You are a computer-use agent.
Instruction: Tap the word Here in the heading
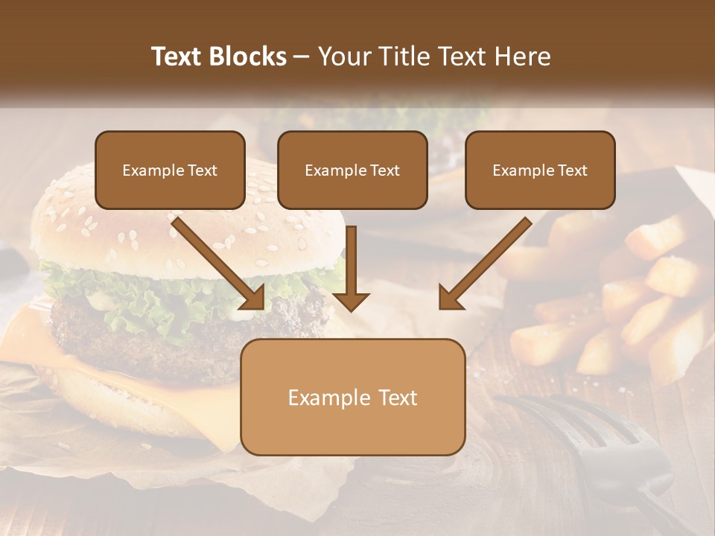[x=522, y=57]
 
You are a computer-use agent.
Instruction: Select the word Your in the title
[x=344, y=57]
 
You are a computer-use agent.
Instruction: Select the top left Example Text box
[x=170, y=170]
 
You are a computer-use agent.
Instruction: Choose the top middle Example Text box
[x=352, y=170]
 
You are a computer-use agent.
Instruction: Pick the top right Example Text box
[x=540, y=170]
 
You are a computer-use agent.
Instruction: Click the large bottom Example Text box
[x=352, y=398]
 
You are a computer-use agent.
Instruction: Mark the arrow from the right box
[x=484, y=264]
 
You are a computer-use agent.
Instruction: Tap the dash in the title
[x=302, y=57]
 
